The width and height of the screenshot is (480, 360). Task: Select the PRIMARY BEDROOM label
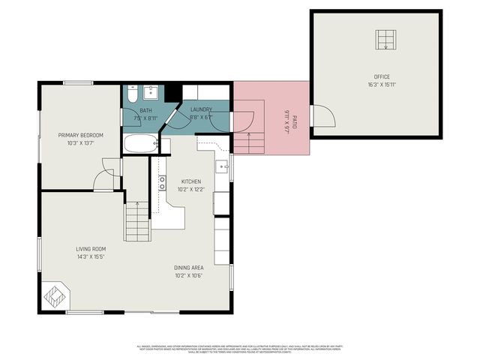tap(81, 135)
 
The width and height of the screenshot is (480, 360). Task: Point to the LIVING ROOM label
tap(90, 249)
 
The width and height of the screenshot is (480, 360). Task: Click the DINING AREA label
tap(188, 268)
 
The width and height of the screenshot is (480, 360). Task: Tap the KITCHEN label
tap(191, 181)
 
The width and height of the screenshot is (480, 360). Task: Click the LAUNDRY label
tap(200, 110)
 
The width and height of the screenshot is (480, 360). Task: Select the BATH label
tap(145, 110)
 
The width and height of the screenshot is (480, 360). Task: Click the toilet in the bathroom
tap(131, 94)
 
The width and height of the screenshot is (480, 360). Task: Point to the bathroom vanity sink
tap(151, 92)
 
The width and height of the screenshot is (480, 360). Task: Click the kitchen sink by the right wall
tap(223, 166)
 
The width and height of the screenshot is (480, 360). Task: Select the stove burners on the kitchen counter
tap(162, 184)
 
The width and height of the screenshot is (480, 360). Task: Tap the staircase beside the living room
tap(136, 221)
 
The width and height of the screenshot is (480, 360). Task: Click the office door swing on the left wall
tap(321, 116)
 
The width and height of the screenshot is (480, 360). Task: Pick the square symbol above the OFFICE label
tap(385, 40)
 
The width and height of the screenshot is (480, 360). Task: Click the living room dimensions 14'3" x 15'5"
tap(90, 256)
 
